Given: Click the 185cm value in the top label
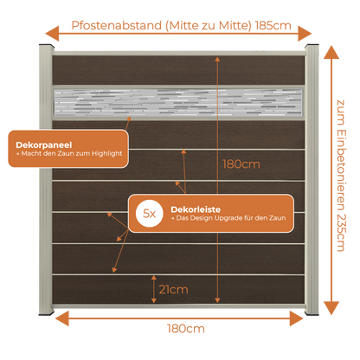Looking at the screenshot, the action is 273,26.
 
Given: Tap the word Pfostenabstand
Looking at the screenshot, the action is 117,26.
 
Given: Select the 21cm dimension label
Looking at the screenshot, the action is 173,289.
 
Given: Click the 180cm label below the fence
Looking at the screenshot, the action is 186,329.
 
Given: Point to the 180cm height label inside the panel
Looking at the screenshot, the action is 241,164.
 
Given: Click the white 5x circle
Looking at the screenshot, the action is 150,214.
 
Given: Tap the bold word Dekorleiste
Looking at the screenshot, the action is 196,209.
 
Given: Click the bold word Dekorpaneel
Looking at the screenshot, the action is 44,145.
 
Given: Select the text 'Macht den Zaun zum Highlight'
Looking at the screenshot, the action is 72,153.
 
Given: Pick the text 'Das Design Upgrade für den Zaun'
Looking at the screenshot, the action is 231,218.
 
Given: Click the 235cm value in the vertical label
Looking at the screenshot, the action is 341,233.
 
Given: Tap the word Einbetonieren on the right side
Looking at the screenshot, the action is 341,170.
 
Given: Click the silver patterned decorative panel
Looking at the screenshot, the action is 178,102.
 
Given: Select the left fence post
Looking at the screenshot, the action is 46,179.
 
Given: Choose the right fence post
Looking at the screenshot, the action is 312,179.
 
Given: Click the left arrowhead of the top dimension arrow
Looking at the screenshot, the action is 52,34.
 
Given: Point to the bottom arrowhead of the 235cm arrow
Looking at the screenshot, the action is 331,307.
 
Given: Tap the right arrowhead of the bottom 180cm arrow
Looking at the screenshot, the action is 297,318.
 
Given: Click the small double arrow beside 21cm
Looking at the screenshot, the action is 154,289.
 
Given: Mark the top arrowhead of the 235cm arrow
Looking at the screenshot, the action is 331,53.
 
